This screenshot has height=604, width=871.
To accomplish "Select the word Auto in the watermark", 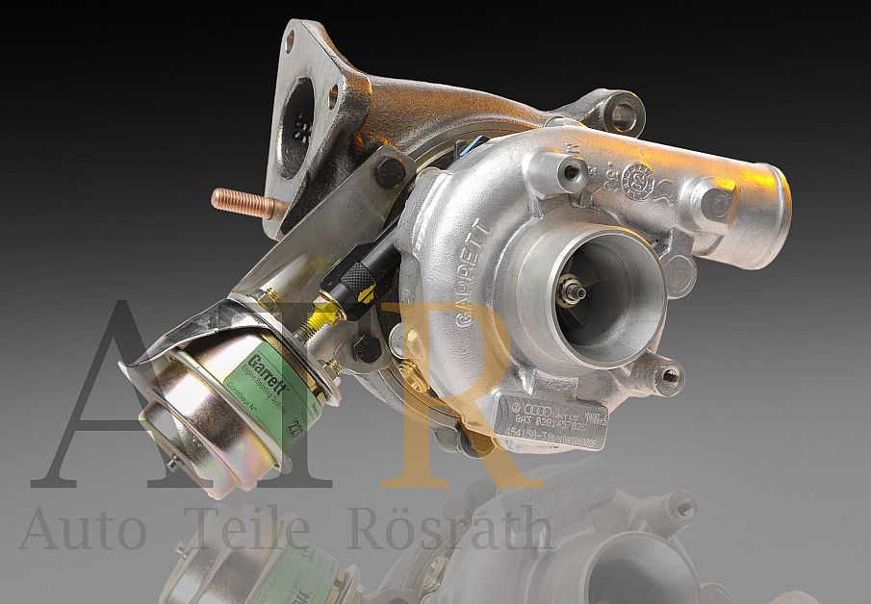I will point(83,530).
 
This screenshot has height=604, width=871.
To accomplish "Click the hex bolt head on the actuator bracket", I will point(390,172).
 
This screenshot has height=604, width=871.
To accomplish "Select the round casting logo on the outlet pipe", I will point(637,180).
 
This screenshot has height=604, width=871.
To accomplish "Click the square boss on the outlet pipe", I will point(716,203).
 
